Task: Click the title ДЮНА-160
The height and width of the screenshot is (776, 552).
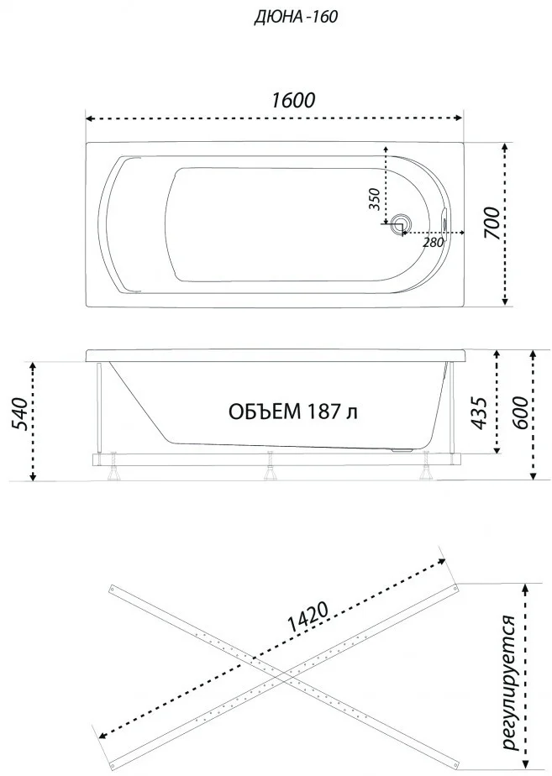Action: pos(296,16)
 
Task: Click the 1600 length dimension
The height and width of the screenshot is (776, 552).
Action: pos(292,100)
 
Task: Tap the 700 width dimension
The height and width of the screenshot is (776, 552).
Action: pos(492,223)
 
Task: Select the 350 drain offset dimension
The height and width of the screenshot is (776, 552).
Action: pos(375,199)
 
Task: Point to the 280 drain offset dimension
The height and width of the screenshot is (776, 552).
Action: pos(433,243)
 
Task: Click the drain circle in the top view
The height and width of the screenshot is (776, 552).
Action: pos(400,225)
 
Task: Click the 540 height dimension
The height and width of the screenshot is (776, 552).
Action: pos(18,414)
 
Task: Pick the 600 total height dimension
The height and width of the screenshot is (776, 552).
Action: pos(519,412)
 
